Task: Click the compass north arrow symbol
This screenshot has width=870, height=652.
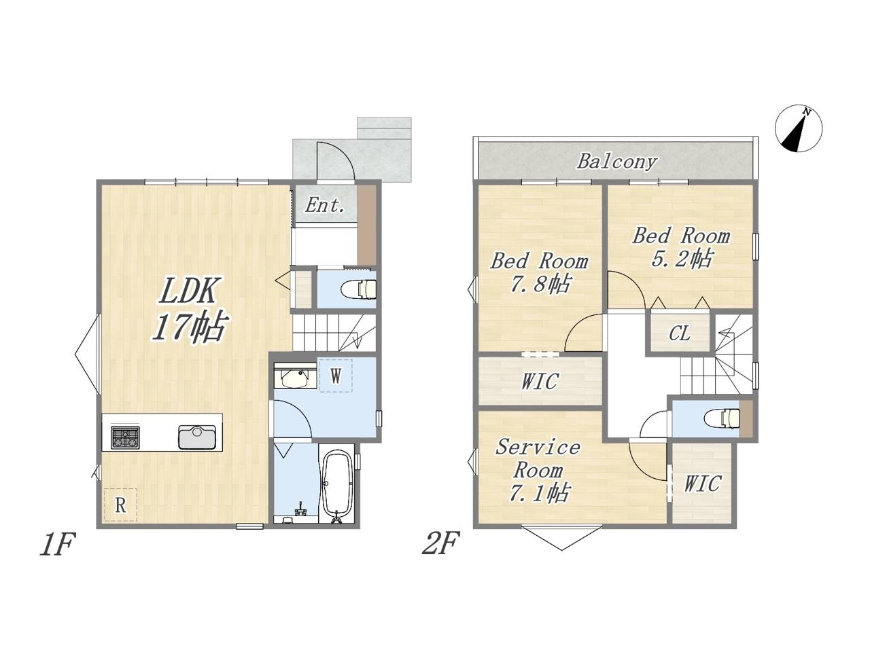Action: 798,128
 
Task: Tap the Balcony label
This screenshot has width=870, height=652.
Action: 616,162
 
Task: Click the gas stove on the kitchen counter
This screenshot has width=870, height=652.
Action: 125,437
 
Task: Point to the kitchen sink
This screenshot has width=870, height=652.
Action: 197,437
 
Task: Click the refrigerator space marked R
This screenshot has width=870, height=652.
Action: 120,505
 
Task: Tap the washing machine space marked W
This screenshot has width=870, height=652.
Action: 336,376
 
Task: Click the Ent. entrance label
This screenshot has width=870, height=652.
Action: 325,205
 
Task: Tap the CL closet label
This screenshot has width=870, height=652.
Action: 680,333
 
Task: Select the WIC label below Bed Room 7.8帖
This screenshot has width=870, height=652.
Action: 540,381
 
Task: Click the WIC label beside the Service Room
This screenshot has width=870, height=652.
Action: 702,483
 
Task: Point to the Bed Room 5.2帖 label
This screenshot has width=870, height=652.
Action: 681,247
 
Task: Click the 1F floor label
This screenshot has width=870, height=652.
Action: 58,544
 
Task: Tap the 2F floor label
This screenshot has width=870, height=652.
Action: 440,543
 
